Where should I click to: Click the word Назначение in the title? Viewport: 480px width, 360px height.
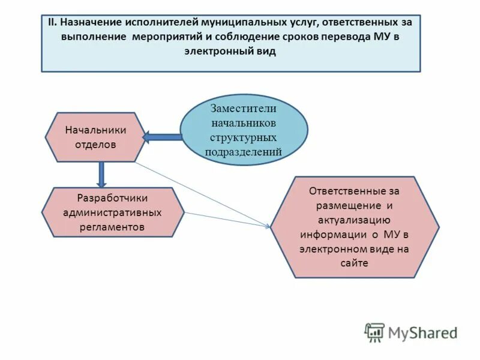tap(91, 23)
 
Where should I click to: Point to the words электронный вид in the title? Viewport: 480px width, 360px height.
tap(230, 52)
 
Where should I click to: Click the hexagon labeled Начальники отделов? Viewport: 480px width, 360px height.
tap(95, 137)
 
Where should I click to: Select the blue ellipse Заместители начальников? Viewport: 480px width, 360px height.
tap(244, 130)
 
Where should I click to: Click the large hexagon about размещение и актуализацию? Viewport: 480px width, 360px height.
tap(355, 227)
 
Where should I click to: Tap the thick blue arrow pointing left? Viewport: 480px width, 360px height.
tap(163, 137)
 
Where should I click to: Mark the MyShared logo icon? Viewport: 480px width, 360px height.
tap(375, 332)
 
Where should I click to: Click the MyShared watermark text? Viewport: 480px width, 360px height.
tap(422, 332)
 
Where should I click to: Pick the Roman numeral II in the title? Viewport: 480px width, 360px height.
tap(52, 23)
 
